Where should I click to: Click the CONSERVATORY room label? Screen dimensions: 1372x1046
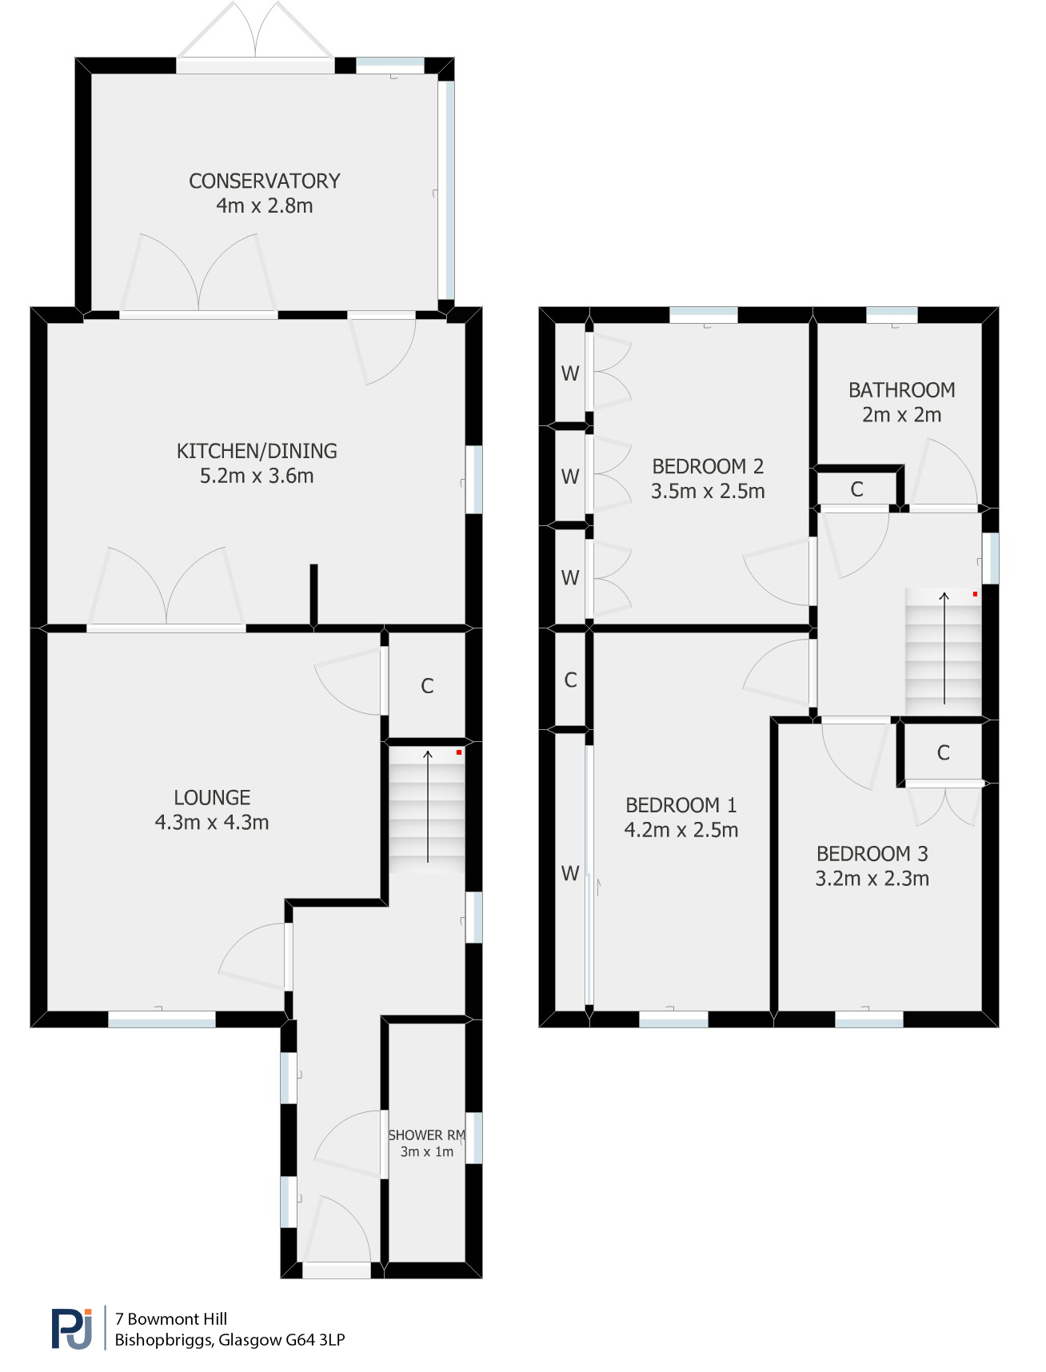click(264, 181)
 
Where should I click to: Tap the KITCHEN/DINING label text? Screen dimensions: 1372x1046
click(257, 451)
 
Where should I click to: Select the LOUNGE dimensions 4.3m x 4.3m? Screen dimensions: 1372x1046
click(212, 822)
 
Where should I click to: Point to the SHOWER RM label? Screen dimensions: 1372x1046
click(426, 1135)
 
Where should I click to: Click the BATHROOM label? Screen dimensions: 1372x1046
click(901, 390)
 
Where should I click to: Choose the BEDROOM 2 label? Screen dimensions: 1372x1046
click(708, 466)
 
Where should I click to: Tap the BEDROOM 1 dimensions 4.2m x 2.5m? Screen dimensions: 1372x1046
click(681, 830)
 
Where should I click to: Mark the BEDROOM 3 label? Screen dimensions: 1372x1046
click(872, 854)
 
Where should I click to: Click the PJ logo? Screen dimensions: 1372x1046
click(72, 1328)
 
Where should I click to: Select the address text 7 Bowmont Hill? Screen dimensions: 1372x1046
click(171, 1319)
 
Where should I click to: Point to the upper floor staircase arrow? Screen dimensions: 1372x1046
click(944, 648)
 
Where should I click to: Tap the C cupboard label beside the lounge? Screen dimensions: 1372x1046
click(427, 686)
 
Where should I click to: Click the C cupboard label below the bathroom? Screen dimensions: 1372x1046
click(856, 489)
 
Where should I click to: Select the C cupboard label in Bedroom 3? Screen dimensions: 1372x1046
click(943, 752)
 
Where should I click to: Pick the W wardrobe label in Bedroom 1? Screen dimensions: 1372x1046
click(569, 873)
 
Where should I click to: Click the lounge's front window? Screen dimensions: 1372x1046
click(162, 1019)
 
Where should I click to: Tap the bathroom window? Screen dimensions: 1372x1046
click(892, 314)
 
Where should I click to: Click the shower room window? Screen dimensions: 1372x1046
click(474, 1138)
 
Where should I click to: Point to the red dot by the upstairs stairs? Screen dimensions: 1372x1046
click(975, 594)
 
